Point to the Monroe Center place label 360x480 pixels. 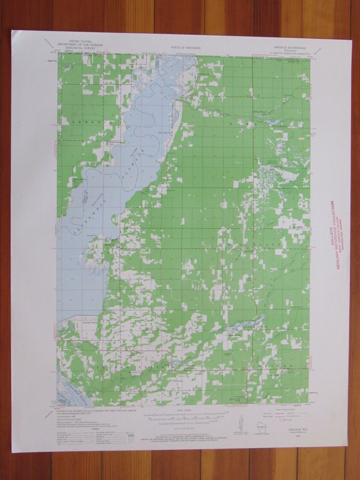click(112, 245)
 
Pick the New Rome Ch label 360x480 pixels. click(165, 132)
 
